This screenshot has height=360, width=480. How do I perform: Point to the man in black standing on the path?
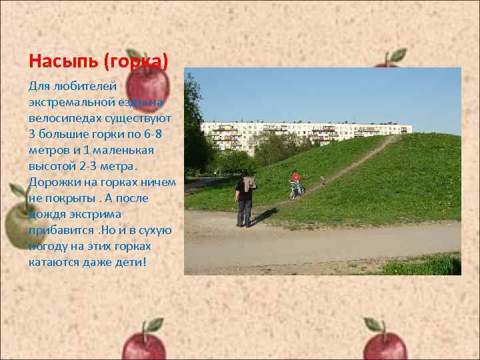click(x=244, y=199)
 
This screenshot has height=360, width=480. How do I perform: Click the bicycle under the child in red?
click(x=296, y=191)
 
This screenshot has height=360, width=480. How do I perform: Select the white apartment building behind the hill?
click(x=307, y=133)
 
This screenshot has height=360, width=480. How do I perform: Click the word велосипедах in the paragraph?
click(x=62, y=118)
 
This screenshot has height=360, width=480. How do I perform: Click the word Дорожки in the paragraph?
click(x=53, y=181)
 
